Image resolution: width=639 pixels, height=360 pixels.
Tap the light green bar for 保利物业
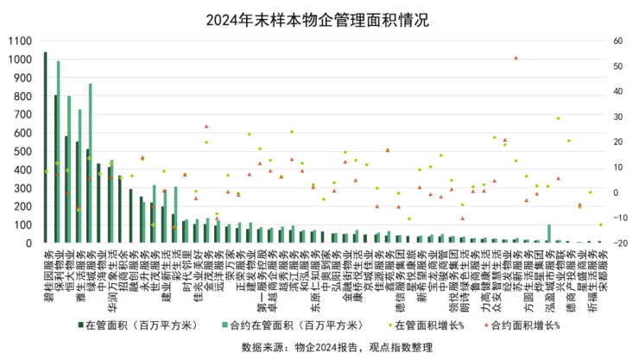click(x=59, y=152)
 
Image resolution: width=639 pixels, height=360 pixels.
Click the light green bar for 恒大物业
click(x=69, y=169)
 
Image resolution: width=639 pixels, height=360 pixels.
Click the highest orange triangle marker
click(x=516, y=58)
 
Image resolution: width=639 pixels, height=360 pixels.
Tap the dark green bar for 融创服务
click(x=130, y=216)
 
